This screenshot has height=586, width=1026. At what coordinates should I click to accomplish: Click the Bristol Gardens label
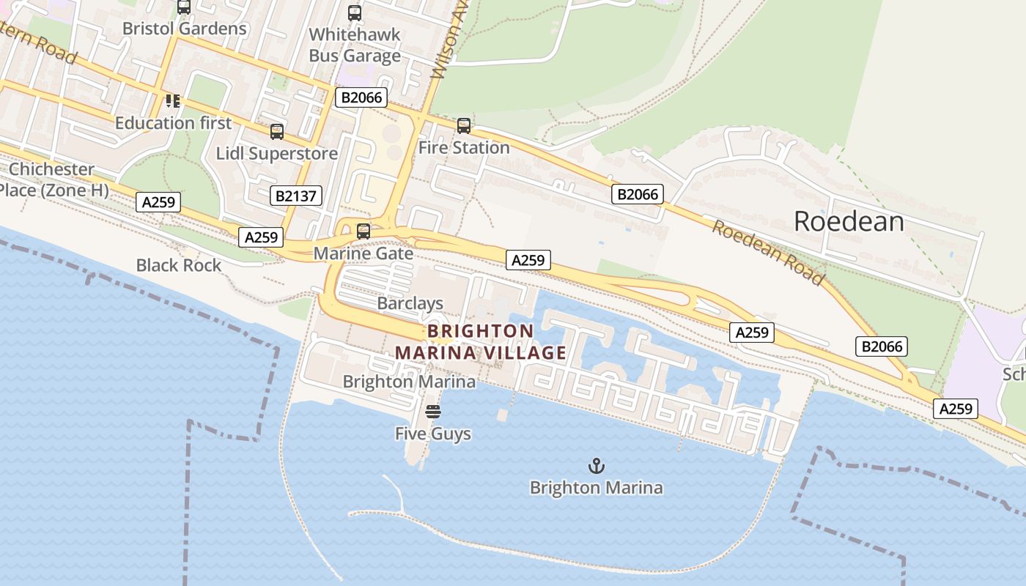click(184, 29)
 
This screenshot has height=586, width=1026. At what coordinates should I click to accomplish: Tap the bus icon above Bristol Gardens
click(184, 7)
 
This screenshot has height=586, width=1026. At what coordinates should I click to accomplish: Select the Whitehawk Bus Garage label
click(355, 45)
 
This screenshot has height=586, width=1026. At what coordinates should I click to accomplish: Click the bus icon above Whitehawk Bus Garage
click(355, 12)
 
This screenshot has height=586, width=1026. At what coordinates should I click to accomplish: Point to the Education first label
click(173, 122)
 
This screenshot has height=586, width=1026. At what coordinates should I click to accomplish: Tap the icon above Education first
click(173, 100)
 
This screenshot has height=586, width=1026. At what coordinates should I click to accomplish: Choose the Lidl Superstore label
click(277, 153)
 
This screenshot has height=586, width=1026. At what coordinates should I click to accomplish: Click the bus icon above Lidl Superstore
click(277, 132)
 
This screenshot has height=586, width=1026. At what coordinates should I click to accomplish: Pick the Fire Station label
click(464, 147)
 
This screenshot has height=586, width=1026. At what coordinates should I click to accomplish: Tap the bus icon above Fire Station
click(464, 126)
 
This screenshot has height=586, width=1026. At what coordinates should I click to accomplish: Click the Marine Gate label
click(363, 253)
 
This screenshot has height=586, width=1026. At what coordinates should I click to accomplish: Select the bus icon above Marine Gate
click(363, 231)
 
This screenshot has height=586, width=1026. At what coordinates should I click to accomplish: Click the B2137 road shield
click(296, 196)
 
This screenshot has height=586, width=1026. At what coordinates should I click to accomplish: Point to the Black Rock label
click(179, 265)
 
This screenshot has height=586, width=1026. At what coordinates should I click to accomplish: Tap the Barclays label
click(410, 303)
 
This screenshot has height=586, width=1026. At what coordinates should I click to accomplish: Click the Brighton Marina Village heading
click(481, 342)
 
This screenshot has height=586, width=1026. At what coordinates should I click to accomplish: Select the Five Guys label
click(433, 434)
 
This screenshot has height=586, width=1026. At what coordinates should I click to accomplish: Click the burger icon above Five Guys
click(433, 412)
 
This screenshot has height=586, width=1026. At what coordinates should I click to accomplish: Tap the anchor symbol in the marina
click(597, 466)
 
